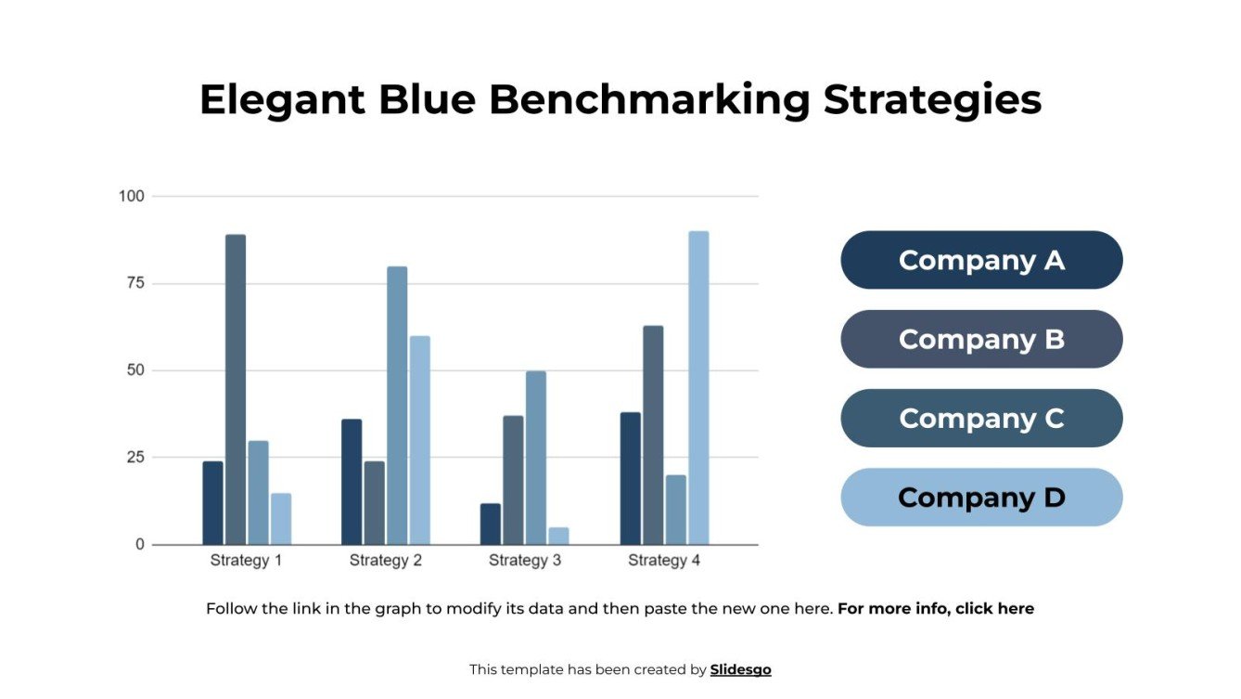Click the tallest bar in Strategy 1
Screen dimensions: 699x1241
[x=236, y=389]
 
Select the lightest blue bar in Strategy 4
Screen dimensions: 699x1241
[x=698, y=387]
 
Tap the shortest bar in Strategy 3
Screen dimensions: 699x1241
[x=558, y=536]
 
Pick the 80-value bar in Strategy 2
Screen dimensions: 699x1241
[x=397, y=405]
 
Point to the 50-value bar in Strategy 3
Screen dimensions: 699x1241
[x=536, y=457]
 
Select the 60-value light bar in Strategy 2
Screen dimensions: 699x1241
[x=420, y=440]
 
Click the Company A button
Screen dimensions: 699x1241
[x=981, y=260]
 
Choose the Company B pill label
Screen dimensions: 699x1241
[x=981, y=339]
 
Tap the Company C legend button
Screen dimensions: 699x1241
[x=981, y=418]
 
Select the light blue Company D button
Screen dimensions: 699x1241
[x=981, y=498]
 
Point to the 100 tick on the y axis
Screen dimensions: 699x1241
[x=132, y=196]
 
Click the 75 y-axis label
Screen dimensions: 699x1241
[x=135, y=283]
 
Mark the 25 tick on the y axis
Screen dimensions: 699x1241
[x=135, y=458]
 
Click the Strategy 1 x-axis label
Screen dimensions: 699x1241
[x=246, y=561]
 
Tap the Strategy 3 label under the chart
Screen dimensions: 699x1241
[x=525, y=561]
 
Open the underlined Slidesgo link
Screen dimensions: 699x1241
[x=740, y=669]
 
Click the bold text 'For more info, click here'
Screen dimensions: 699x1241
[x=935, y=609]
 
